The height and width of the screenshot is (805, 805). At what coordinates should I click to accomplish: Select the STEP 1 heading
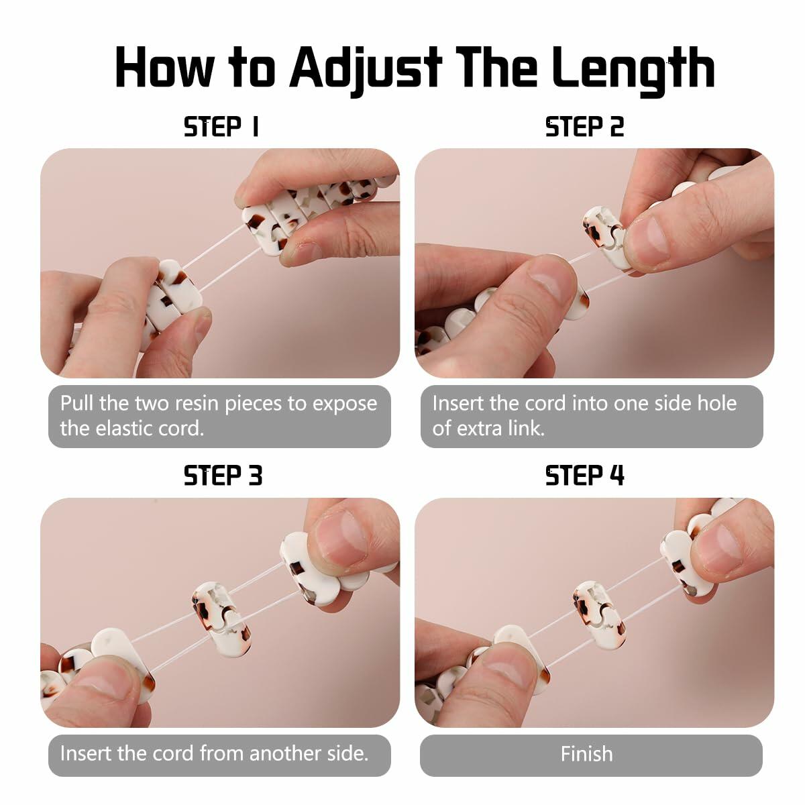(221, 127)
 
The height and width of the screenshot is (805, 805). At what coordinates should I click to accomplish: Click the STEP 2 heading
(584, 127)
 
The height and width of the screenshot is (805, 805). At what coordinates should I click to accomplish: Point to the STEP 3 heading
(223, 476)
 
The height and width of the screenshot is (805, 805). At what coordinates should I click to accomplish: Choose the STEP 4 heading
(584, 476)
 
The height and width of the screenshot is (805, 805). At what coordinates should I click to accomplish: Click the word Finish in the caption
(586, 753)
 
